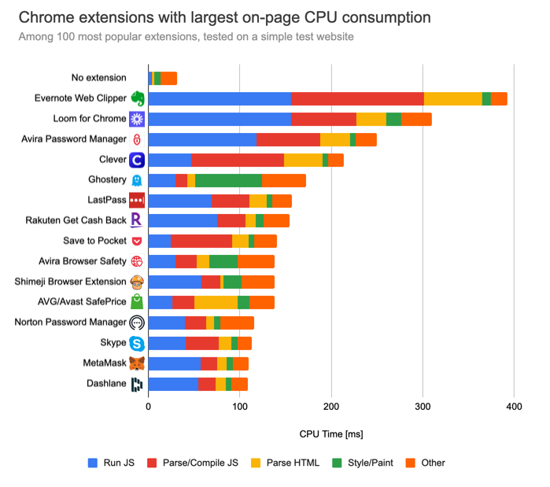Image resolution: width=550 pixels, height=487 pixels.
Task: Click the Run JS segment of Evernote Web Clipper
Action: pos(219,98)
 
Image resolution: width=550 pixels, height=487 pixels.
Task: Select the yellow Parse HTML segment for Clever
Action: pos(303,160)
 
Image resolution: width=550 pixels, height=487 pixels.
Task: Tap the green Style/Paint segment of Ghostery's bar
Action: pos(228,180)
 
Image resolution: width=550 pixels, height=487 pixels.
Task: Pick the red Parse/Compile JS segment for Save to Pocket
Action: pos(201,241)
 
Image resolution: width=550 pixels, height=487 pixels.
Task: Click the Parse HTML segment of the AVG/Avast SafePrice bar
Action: pos(216,302)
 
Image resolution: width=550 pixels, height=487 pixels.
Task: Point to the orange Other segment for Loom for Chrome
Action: pos(416,119)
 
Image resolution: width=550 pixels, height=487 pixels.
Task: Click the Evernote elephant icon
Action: pos(138,98)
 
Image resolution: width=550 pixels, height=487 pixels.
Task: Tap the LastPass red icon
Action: pos(137,201)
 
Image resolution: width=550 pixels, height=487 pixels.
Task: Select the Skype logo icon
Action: pos(137,343)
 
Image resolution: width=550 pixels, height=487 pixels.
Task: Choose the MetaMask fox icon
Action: pos(137,363)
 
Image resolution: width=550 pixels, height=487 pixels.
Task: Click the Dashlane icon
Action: pos(137,384)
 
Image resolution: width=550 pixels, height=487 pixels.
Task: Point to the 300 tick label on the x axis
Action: pos(423,406)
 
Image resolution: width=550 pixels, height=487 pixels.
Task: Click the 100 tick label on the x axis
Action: pos(240,406)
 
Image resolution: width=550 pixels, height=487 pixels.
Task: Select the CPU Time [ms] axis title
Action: pos(330,434)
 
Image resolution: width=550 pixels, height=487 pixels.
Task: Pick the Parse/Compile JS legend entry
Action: pos(199,463)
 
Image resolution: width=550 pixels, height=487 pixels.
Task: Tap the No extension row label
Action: pos(98,78)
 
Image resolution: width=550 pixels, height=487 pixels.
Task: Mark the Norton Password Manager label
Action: pos(71,323)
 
